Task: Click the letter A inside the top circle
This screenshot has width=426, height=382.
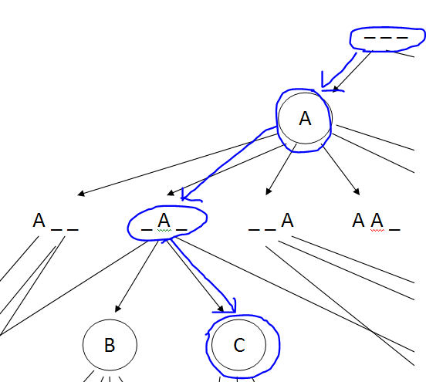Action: pyautogui.click(x=305, y=118)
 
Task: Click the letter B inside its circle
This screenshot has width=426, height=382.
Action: pyautogui.click(x=110, y=345)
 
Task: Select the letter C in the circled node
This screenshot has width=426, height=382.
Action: pyautogui.click(x=239, y=345)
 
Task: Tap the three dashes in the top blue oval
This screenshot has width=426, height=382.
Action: pyautogui.click(x=386, y=38)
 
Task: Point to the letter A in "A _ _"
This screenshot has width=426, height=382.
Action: pyautogui.click(x=39, y=220)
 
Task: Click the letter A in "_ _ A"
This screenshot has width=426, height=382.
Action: pyautogui.click(x=287, y=220)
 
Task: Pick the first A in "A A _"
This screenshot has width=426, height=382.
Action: pyautogui.click(x=358, y=220)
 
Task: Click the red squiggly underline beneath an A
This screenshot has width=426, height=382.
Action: pyautogui.click(x=377, y=231)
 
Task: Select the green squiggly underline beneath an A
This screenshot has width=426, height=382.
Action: pyautogui.click(x=164, y=231)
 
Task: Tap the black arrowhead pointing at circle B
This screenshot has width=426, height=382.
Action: pyautogui.click(x=117, y=309)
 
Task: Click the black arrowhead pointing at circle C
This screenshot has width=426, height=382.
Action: pyautogui.click(x=221, y=309)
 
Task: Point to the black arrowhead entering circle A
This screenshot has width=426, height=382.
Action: pyautogui.click(x=336, y=89)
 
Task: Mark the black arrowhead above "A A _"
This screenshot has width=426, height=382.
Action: pyautogui.click(x=357, y=191)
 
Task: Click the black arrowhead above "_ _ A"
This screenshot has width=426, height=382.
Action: pyautogui.click(x=269, y=191)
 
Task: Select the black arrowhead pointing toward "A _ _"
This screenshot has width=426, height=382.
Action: pyautogui.click(x=81, y=194)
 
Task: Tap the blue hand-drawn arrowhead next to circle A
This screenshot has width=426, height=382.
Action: pyautogui.click(x=330, y=83)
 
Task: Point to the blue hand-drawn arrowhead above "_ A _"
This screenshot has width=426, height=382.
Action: pyautogui.click(x=189, y=196)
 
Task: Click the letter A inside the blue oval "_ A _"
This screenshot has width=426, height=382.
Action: pyautogui.click(x=164, y=220)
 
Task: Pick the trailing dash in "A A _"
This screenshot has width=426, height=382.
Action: pyautogui.click(x=394, y=230)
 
